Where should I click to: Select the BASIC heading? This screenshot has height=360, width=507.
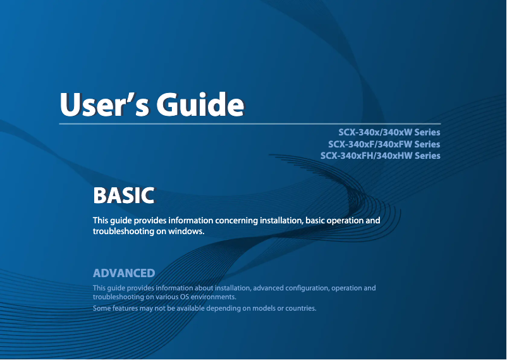click(123, 196)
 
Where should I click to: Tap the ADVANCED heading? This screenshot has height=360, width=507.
click(124, 273)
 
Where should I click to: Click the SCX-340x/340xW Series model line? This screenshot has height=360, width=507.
click(389, 133)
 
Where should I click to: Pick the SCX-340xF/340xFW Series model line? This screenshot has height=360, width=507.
click(384, 144)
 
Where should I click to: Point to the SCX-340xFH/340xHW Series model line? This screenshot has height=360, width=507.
click(380, 156)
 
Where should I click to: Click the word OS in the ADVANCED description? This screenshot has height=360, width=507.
click(185, 297)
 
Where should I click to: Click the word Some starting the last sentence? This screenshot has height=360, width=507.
click(102, 309)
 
